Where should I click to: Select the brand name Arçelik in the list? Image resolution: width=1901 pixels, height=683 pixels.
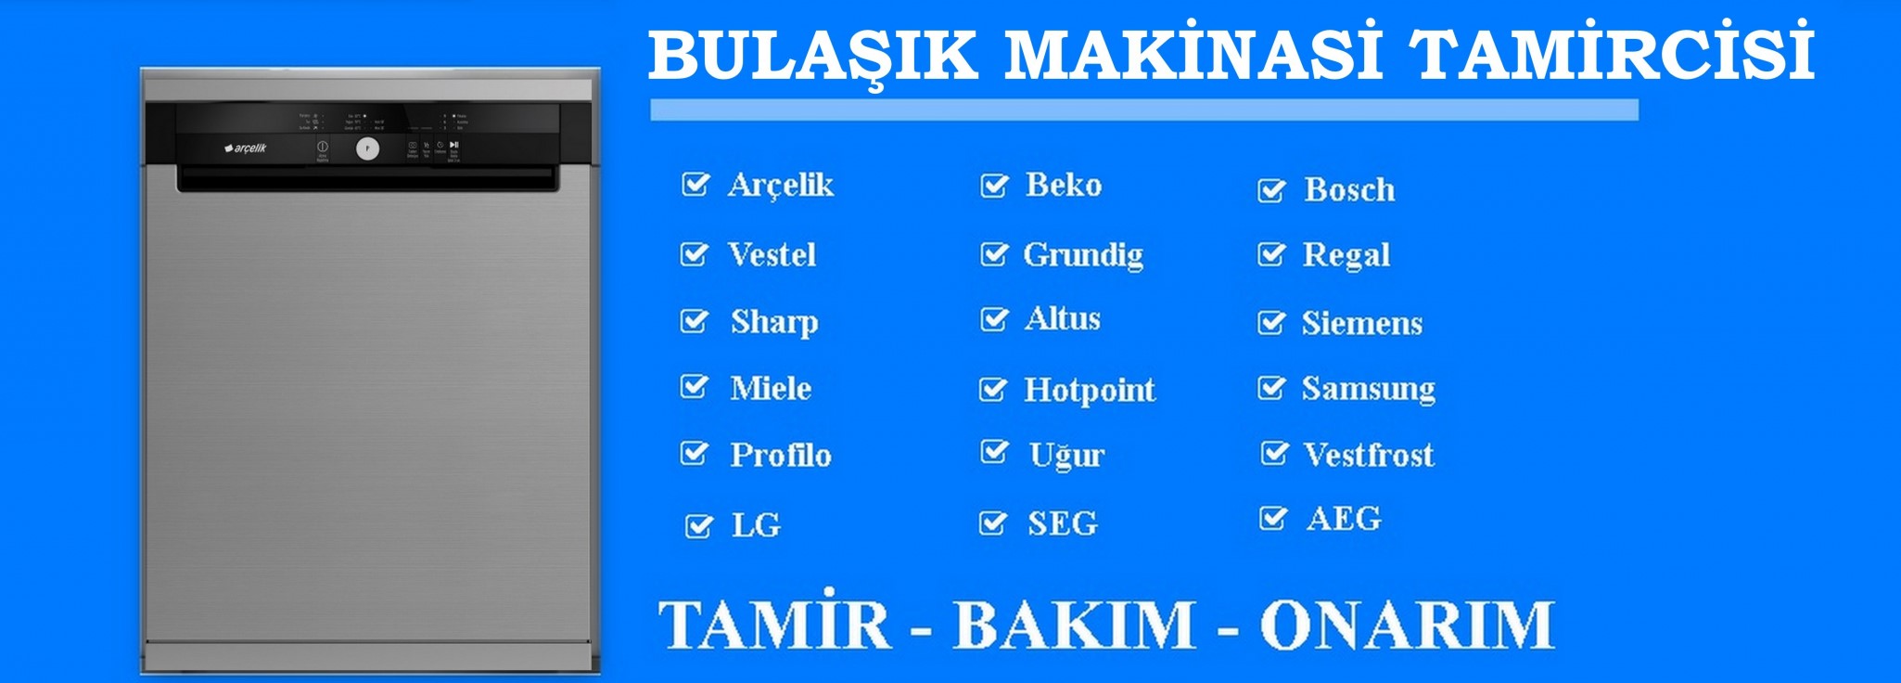pyautogui.click(x=780, y=185)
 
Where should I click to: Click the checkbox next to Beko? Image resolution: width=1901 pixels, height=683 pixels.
pyautogui.click(x=994, y=186)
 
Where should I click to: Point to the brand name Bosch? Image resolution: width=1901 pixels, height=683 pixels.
pyautogui.click(x=1348, y=190)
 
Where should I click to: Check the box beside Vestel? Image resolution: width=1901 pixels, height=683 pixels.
pyautogui.click(x=694, y=254)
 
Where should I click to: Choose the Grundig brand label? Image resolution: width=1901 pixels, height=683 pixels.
pyautogui.click(x=1082, y=255)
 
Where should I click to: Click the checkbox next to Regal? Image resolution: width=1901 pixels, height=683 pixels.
pyautogui.click(x=1270, y=254)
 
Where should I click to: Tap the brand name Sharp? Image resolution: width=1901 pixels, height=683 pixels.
pyautogui.click(x=773, y=322)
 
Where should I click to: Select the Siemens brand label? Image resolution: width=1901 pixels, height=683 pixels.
pyautogui.click(x=1361, y=323)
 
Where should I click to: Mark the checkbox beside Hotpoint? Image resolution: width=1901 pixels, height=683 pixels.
pyautogui.click(x=992, y=390)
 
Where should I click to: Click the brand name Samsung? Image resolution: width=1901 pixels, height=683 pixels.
pyautogui.click(x=1368, y=389)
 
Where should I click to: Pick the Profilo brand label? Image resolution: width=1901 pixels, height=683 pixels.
pyautogui.click(x=780, y=455)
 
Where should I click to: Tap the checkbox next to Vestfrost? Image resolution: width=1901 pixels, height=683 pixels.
pyautogui.click(x=1274, y=454)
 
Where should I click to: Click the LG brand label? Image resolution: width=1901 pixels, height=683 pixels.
pyautogui.click(x=756, y=525)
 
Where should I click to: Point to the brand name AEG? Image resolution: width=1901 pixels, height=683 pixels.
pyautogui.click(x=1343, y=518)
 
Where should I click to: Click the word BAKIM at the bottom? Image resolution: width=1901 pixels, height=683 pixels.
pyautogui.click(x=1074, y=625)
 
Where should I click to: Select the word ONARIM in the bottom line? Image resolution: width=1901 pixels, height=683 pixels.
pyautogui.click(x=1406, y=625)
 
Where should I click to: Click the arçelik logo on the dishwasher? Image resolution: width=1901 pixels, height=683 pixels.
pyautogui.click(x=246, y=148)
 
